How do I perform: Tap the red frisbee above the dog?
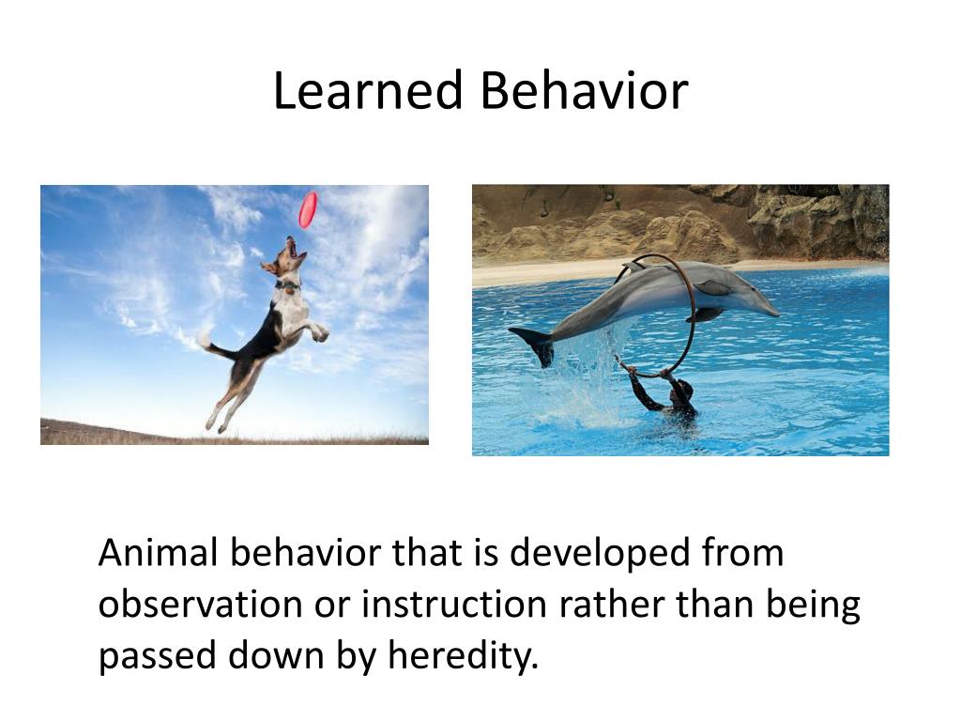coord(308,209)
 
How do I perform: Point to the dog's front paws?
coord(318,331)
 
